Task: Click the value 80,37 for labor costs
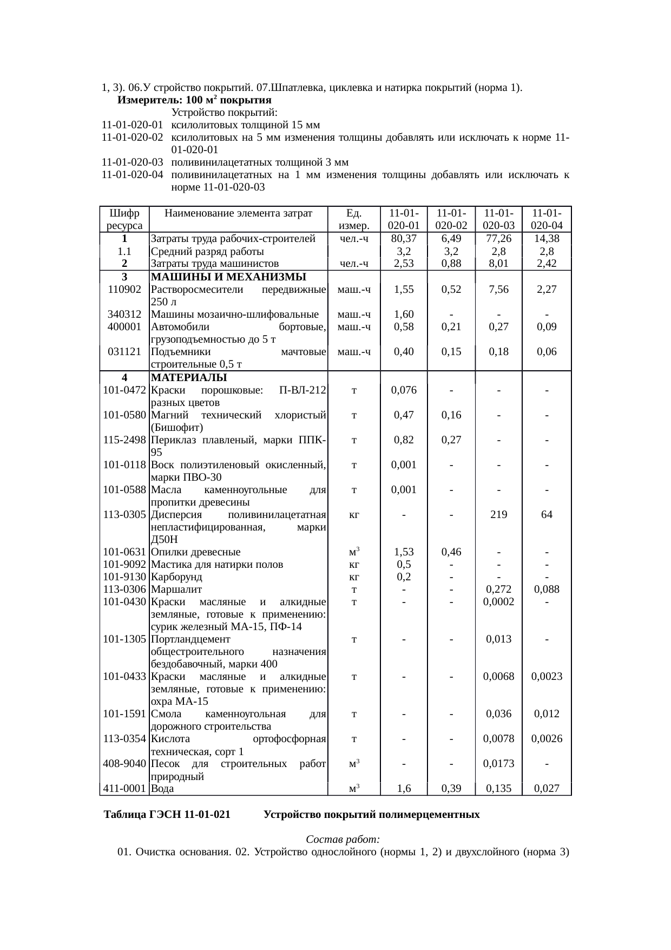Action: point(404,239)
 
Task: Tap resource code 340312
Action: point(124,314)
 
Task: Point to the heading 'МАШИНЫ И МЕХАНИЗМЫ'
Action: point(228,277)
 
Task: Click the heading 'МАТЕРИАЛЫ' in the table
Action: point(189,377)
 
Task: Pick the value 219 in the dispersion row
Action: point(498,514)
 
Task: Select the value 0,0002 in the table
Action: point(498,601)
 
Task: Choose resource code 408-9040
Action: point(124,764)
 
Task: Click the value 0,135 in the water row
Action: point(498,789)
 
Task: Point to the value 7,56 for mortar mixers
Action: point(498,289)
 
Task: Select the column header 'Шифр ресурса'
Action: point(124,219)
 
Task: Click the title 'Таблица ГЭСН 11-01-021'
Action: point(167,814)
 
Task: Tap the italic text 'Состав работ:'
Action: point(343,840)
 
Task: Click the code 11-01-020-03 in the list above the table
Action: point(132,162)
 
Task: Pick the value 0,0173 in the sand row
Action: point(498,764)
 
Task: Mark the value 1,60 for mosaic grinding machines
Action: point(404,314)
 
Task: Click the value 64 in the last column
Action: point(547,514)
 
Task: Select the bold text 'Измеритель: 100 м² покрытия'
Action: point(194,100)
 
